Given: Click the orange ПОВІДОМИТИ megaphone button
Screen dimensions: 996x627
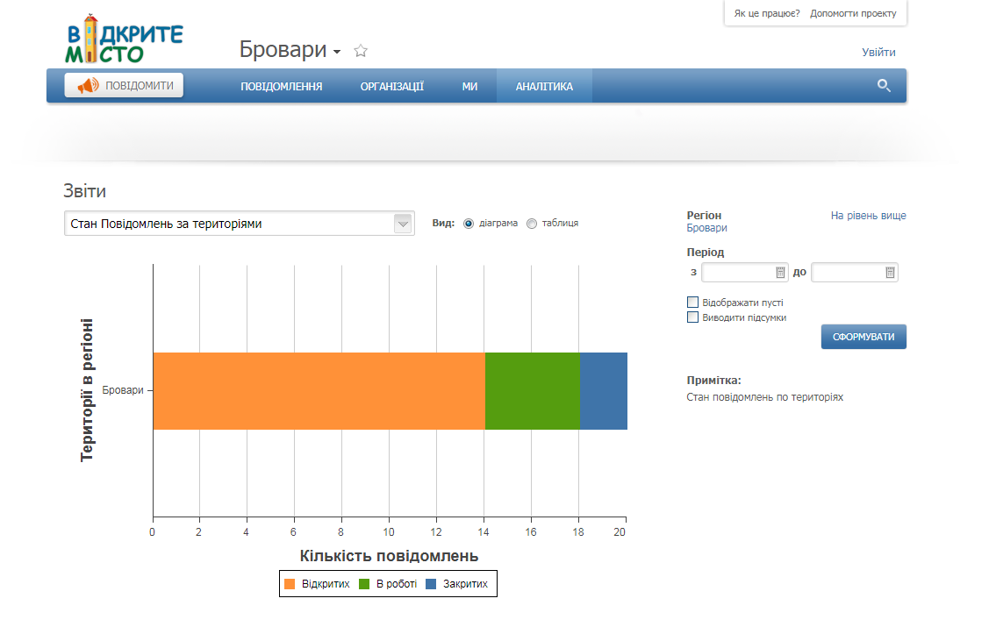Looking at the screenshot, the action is click(x=124, y=85).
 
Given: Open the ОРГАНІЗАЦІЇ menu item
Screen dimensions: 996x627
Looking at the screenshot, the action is click(x=392, y=86).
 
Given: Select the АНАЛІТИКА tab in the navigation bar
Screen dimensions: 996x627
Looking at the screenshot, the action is click(x=544, y=86).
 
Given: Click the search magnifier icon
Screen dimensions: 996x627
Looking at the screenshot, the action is click(x=884, y=85).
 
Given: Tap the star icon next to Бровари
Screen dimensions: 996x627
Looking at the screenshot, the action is click(x=361, y=51).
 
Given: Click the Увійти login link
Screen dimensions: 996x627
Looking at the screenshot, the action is click(x=878, y=52).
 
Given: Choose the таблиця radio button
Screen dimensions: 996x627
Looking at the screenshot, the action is click(x=532, y=224).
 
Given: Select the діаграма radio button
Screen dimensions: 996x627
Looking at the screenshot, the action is click(x=469, y=224).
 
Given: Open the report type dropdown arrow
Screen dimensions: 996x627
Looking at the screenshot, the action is click(x=403, y=224).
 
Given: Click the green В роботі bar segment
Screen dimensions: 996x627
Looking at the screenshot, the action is click(x=533, y=391).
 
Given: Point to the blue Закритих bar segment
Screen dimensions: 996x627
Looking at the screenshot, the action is click(x=604, y=391).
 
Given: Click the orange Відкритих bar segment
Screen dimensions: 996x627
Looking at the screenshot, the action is click(x=319, y=391).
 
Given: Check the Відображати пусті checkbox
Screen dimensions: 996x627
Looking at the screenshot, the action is click(x=693, y=302).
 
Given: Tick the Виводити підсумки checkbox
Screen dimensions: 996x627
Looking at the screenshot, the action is click(x=693, y=317).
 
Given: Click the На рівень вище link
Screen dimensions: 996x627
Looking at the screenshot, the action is click(x=869, y=216).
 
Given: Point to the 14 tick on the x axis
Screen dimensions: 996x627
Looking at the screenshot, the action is click(x=484, y=531).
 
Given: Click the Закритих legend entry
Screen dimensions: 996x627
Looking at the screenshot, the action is click(x=456, y=584).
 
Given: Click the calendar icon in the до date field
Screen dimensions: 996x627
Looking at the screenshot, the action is click(x=890, y=272).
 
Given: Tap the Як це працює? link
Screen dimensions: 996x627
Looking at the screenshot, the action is click(x=767, y=13).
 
